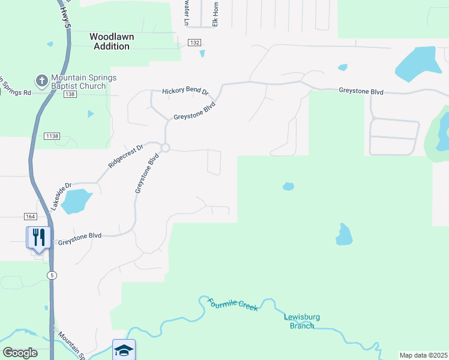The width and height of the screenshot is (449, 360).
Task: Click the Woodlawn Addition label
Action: click(112, 41)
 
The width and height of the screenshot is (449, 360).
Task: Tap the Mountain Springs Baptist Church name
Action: click(83, 82)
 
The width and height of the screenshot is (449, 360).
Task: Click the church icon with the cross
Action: click(42, 80)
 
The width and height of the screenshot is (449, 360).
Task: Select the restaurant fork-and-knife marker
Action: click(37, 237)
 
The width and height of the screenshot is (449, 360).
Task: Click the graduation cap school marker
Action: click(124, 350)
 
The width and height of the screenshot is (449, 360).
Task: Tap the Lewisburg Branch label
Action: click(299, 322)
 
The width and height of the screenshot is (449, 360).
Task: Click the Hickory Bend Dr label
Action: click(185, 92)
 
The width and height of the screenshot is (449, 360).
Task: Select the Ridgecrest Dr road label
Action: click(126, 156)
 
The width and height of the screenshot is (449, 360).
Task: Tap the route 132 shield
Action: click(193, 43)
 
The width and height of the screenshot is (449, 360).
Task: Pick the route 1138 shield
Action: click(52, 137)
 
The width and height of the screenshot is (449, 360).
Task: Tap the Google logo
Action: click(20, 352)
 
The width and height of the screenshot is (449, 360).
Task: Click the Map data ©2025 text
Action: click(424, 355)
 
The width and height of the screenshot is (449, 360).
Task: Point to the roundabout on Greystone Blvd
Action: click(165, 148)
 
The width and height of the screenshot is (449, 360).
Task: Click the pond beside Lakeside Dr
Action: click(76, 201)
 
